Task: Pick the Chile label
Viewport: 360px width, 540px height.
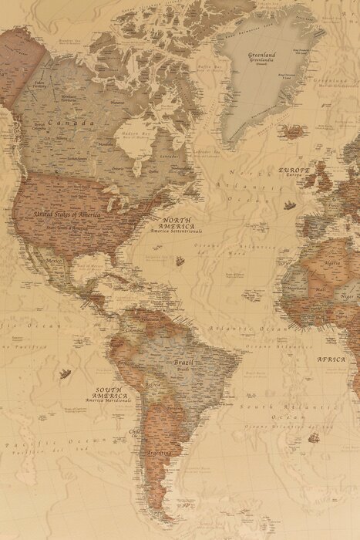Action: (134, 432)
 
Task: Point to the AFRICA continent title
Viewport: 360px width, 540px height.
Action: (331, 359)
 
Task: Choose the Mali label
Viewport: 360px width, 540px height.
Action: (321, 289)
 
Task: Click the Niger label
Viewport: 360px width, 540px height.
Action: (348, 295)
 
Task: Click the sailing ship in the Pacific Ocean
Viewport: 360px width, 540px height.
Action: (65, 374)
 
